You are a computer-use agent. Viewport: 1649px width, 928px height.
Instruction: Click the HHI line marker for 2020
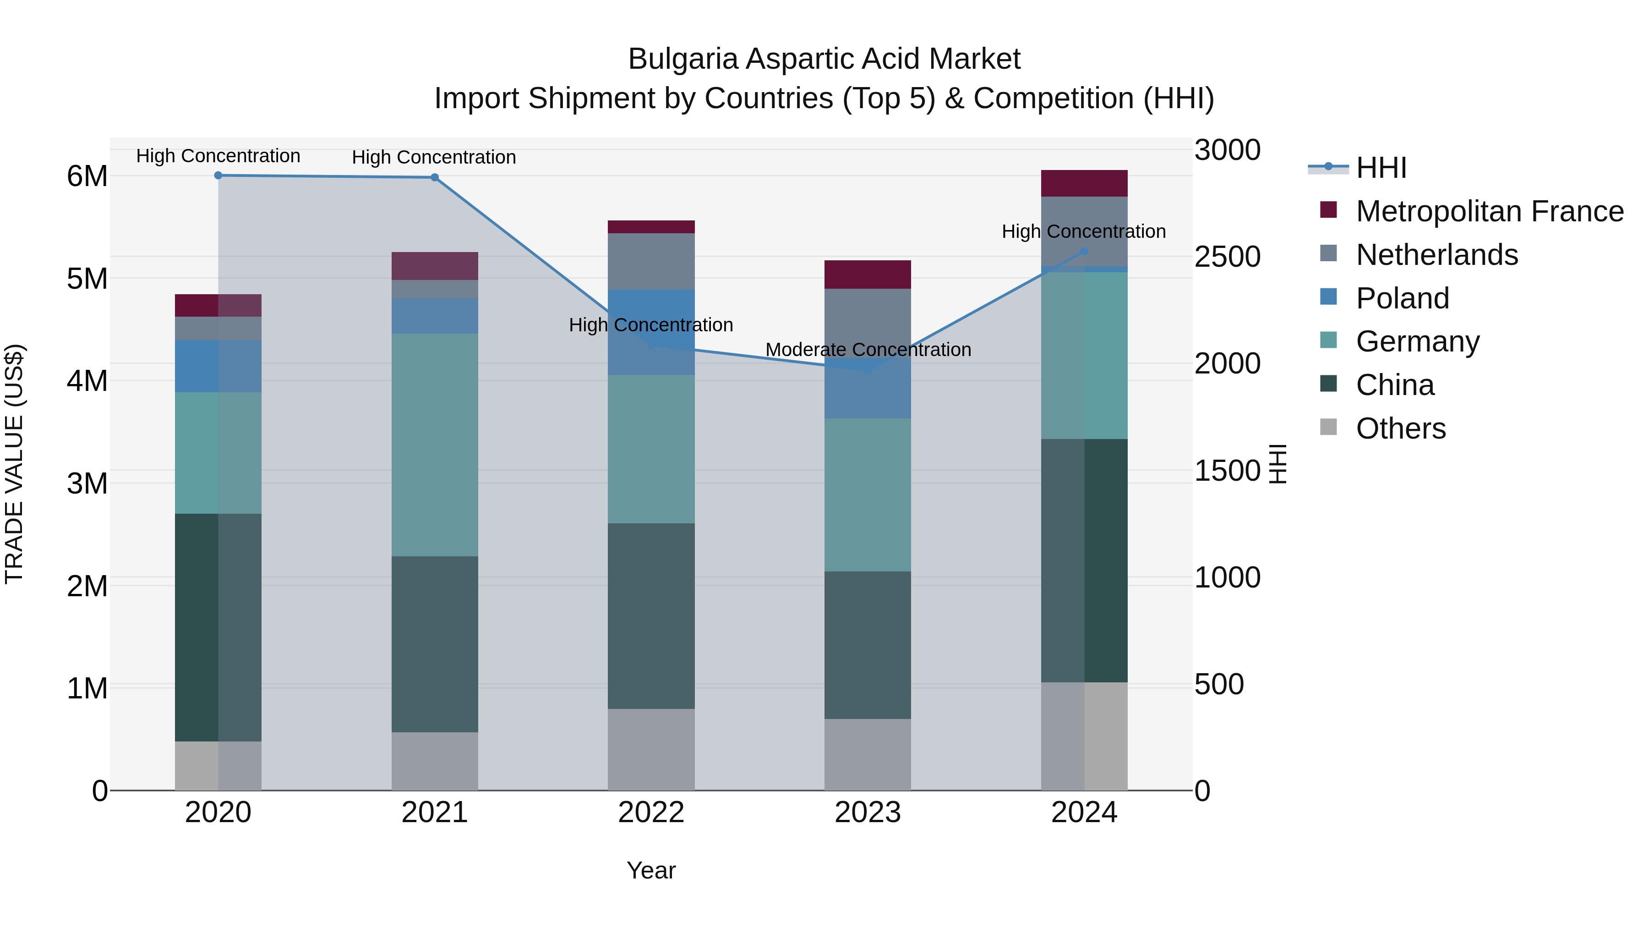218,176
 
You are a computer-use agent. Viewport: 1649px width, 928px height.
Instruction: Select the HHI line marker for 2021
435,177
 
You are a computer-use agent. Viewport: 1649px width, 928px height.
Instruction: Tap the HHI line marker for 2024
1084,252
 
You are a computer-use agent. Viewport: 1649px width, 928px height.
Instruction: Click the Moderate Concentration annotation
868,350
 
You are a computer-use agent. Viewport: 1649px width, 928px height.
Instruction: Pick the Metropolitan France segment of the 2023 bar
868,275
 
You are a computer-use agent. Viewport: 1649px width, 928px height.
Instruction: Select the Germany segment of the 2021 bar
435,445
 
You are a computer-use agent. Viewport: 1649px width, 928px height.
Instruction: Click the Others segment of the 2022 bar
651,749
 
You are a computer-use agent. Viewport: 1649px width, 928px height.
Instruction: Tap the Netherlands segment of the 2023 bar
868,320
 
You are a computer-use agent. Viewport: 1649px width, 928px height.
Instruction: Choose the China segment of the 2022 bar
651,615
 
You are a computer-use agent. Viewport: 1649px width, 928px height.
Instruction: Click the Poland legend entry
1402,298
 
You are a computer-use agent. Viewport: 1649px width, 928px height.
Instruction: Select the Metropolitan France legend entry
1489,211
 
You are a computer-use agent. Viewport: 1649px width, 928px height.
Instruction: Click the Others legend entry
1401,428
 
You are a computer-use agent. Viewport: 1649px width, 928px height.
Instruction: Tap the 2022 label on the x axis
651,813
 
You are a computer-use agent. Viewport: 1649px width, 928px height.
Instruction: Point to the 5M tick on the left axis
87,279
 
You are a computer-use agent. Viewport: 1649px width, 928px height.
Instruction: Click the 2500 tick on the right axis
1227,257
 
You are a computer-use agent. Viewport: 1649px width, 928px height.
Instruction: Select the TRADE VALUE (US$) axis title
15,464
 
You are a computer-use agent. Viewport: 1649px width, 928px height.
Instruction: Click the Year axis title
651,870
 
